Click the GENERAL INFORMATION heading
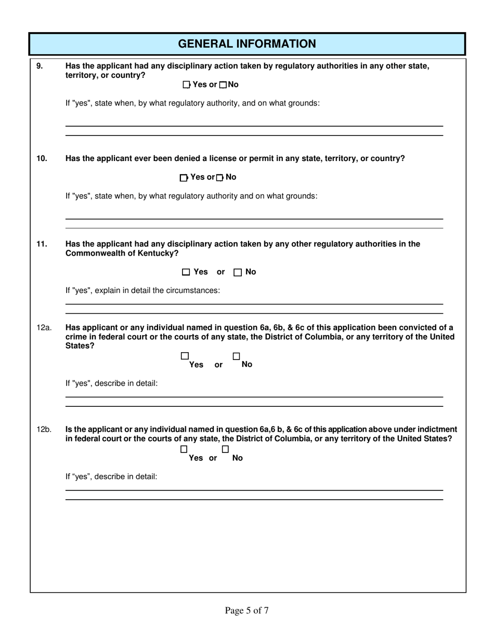[247, 44]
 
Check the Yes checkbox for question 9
[187, 85]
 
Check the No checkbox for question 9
[223, 85]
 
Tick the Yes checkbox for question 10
[184, 178]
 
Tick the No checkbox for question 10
[219, 178]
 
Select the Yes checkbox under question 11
[186, 272]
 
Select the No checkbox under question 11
[238, 272]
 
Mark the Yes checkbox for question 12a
[185, 356]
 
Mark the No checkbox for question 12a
[236, 356]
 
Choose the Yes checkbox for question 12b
[184, 449]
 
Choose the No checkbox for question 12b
[225, 449]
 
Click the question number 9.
[40, 66]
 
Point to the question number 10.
[42, 158]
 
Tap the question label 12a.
[44, 328]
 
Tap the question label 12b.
[44, 430]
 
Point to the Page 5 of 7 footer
[246, 610]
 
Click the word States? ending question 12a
[80, 346]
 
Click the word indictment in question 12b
[434, 429]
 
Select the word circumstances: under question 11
[192, 290]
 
